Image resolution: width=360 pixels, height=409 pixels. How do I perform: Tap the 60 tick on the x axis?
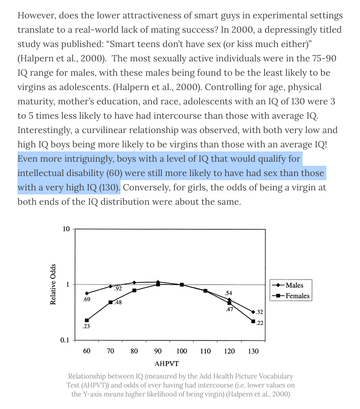87,351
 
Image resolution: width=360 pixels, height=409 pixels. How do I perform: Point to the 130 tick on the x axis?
253,351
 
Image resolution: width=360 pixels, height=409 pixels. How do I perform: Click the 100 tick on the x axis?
182,351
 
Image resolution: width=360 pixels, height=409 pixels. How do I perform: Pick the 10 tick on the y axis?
66,229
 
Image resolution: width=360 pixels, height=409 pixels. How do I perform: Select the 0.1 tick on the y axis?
65,340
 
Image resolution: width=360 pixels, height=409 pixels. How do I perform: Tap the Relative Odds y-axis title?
53,284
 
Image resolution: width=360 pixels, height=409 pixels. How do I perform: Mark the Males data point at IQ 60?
87,293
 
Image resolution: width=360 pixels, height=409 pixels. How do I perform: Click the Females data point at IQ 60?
87,320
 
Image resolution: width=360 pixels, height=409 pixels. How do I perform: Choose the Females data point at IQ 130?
253,321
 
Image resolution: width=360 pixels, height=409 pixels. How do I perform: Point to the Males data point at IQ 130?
253,312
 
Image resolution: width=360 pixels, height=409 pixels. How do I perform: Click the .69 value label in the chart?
87,300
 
